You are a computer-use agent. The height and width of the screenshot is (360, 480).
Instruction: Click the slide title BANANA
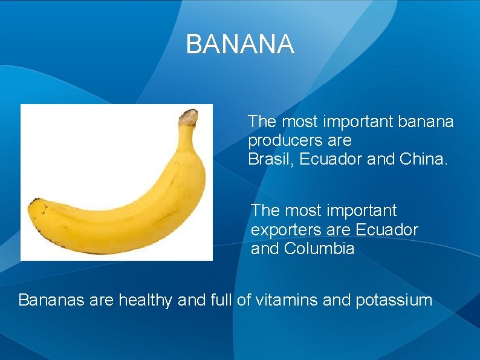(240, 45)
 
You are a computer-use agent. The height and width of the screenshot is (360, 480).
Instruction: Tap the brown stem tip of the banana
(189, 116)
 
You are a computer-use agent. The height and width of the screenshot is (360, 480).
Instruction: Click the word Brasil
(267, 160)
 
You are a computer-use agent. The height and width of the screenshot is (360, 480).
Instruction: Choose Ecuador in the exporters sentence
(387, 230)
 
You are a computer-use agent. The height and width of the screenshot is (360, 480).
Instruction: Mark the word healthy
(145, 299)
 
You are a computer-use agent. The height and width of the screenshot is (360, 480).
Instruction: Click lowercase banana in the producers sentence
(426, 122)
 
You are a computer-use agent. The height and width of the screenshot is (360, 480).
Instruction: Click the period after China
(447, 165)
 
